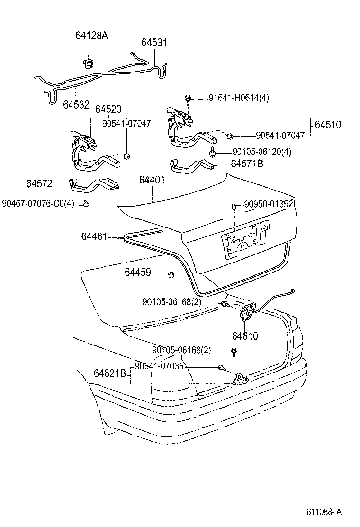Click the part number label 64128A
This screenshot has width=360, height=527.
click(x=91, y=35)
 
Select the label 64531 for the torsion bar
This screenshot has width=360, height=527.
click(x=154, y=43)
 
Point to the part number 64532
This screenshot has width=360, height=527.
click(x=76, y=103)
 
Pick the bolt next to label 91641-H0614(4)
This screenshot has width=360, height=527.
click(x=188, y=99)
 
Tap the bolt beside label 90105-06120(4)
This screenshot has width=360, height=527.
click(x=213, y=152)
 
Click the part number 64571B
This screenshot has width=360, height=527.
click(x=247, y=164)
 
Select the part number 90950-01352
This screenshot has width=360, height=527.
click(x=269, y=204)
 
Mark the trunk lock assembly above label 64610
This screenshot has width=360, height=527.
click(x=247, y=313)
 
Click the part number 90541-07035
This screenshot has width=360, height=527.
click(x=159, y=366)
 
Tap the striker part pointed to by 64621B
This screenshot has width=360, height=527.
click(x=239, y=378)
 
